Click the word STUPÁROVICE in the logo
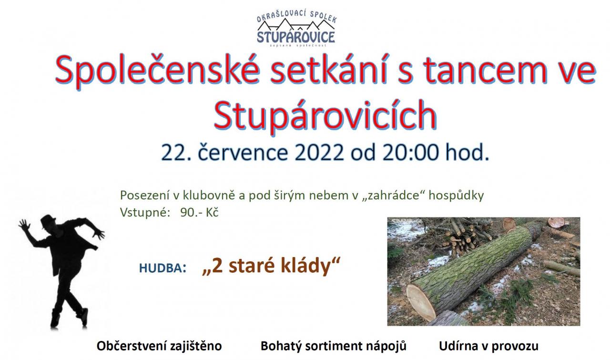click(296, 37)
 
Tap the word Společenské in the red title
click(157, 71)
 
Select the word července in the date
click(243, 153)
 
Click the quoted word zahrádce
click(393, 195)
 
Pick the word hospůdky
click(457, 195)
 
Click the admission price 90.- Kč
click(199, 213)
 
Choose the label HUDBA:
click(163, 268)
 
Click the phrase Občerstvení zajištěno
click(159, 346)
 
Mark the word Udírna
click(458, 346)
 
